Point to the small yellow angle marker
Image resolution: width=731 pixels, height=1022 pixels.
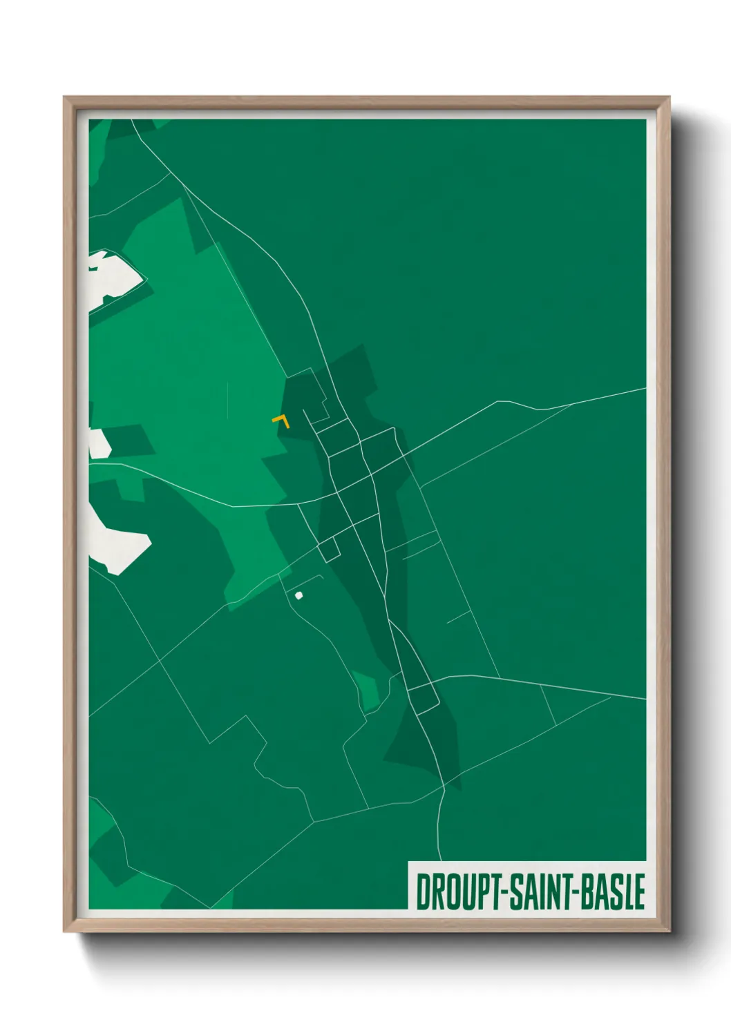281,421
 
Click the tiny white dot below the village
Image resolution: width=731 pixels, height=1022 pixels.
299,595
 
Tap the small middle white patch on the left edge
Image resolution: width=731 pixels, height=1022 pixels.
99,443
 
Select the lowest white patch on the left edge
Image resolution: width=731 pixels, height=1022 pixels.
119,542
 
